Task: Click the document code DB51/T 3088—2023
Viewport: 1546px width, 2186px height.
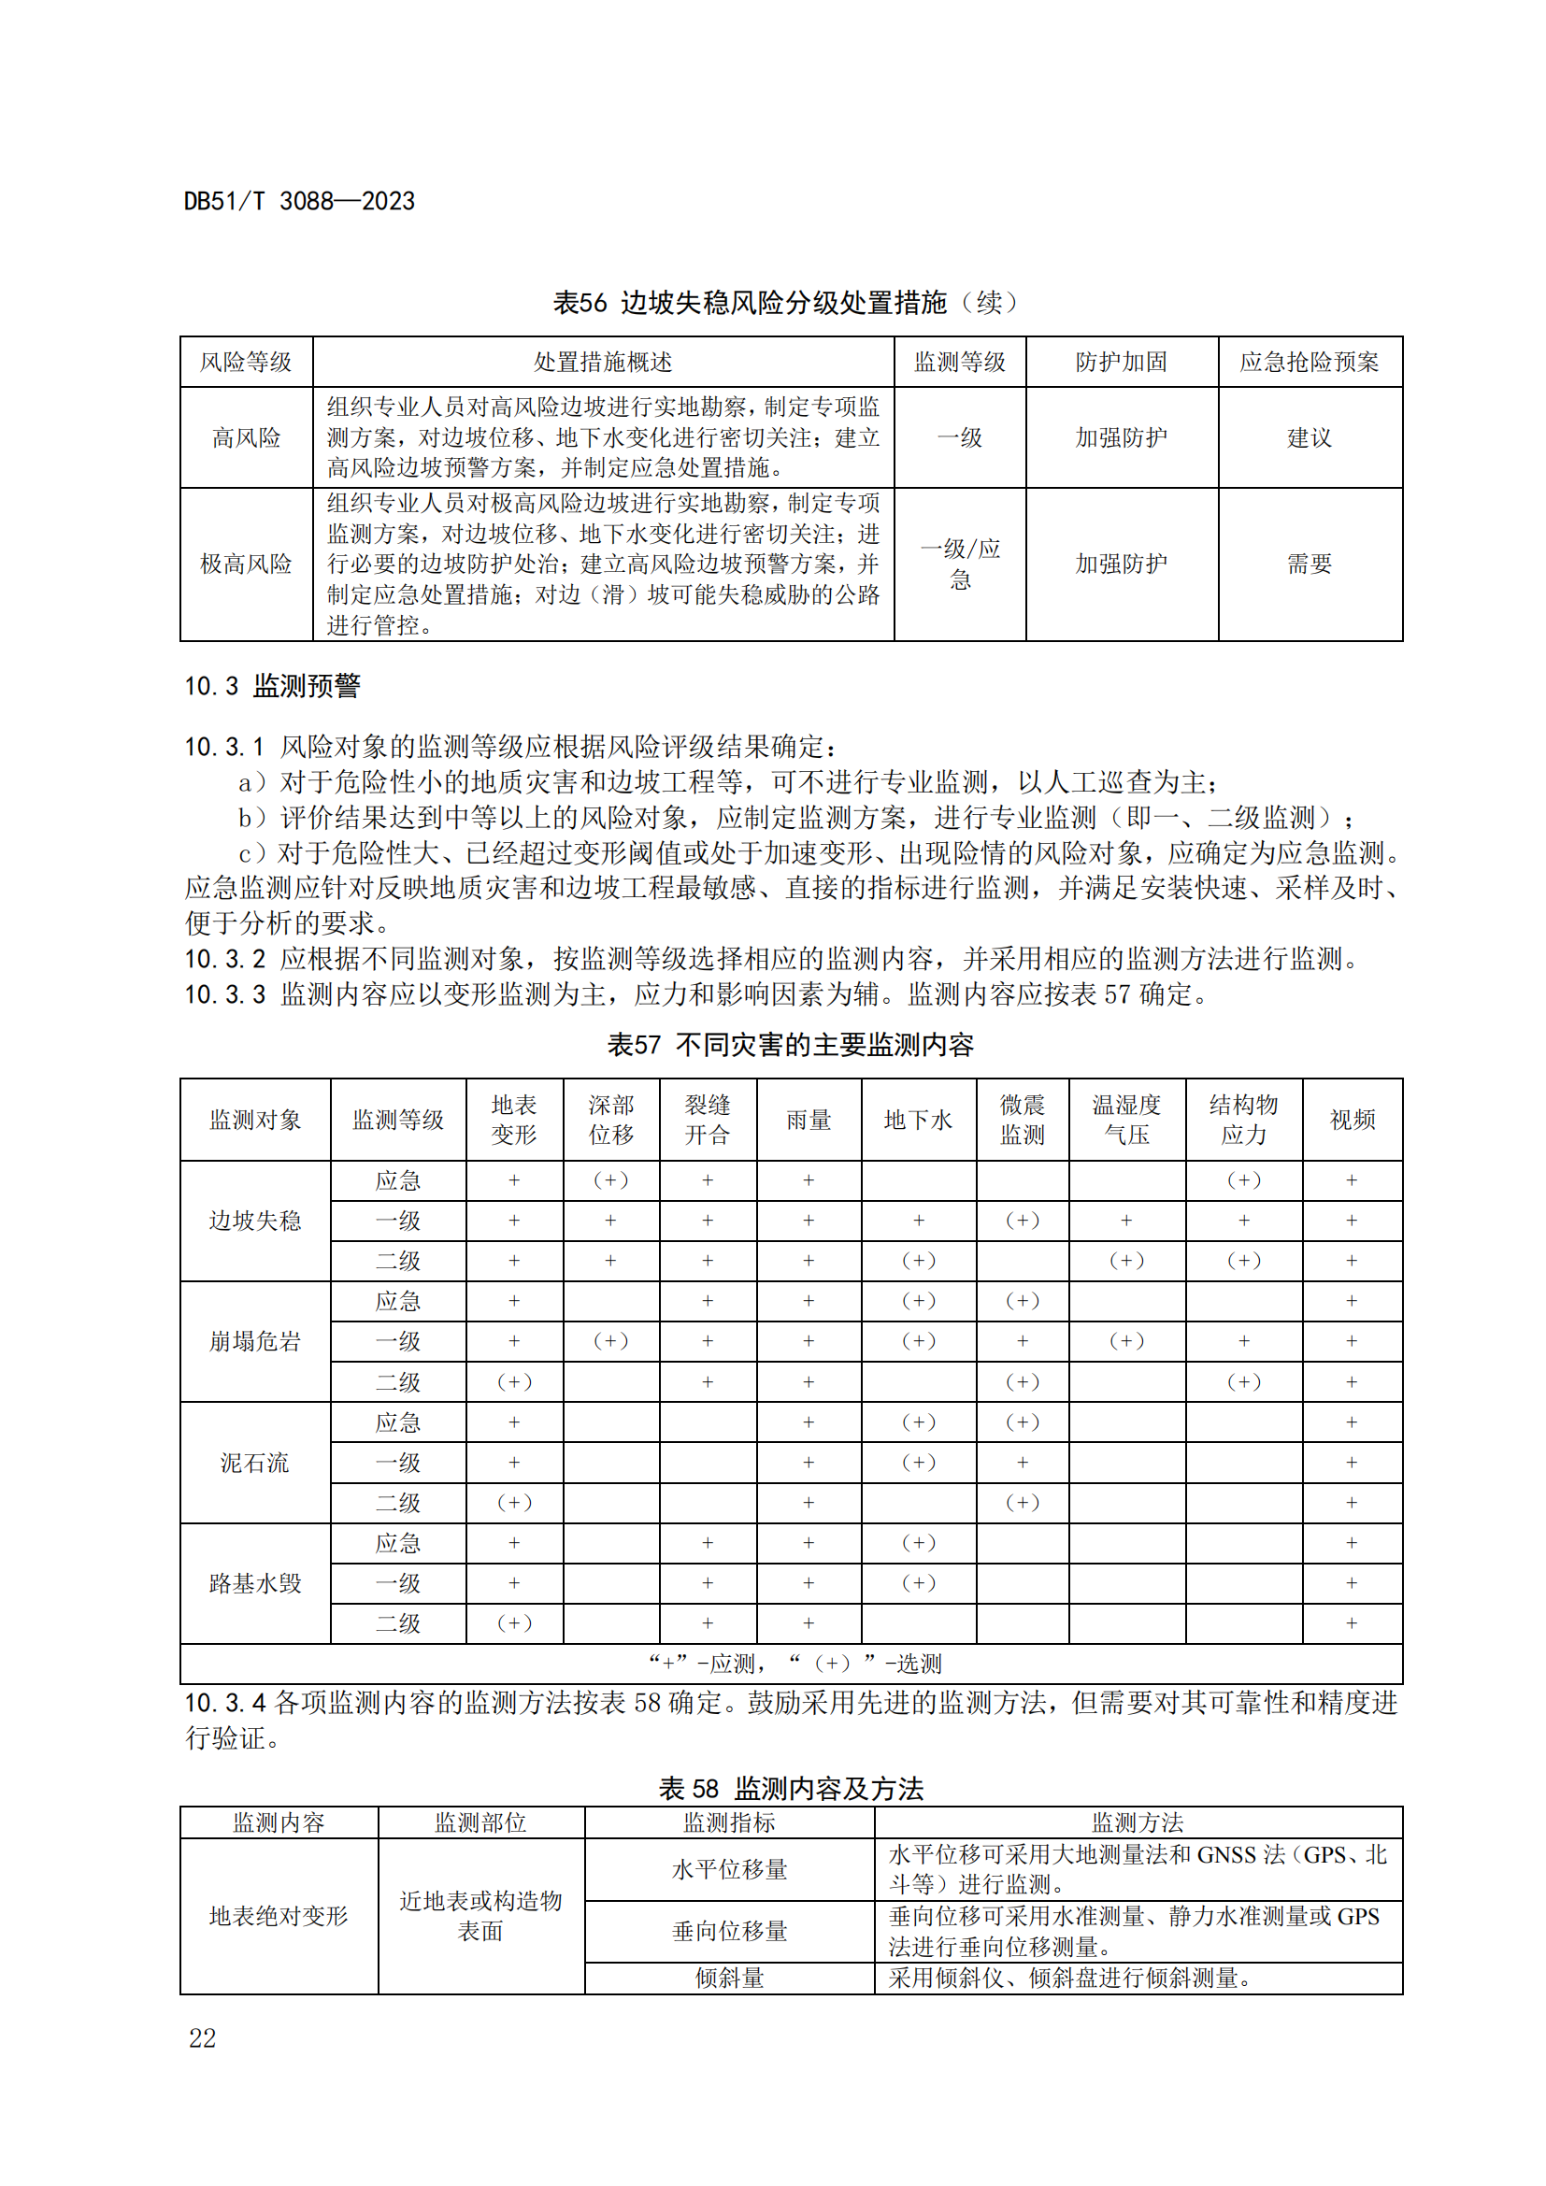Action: click(299, 202)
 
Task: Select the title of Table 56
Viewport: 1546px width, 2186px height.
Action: click(785, 303)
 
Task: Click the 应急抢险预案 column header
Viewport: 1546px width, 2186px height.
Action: click(1309, 362)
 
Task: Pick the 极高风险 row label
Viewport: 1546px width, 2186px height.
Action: click(246, 564)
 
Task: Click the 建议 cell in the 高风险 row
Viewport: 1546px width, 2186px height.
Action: click(1309, 438)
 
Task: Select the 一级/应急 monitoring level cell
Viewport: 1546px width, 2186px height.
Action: click(960, 564)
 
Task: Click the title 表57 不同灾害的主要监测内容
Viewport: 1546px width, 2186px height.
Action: click(790, 1045)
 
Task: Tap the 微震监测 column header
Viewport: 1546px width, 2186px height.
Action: click(1022, 1120)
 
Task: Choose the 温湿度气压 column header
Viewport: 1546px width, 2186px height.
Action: click(1126, 1120)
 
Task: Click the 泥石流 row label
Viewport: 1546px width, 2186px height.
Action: click(254, 1463)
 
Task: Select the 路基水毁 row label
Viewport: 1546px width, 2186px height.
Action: click(254, 1583)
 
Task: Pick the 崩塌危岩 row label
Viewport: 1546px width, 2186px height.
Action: click(254, 1341)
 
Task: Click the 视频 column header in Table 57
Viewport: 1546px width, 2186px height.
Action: click(1352, 1120)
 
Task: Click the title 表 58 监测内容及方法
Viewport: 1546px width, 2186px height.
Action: click(790, 1788)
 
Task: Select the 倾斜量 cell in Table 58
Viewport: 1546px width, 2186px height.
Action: click(729, 1978)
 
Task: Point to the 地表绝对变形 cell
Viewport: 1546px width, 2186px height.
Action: click(278, 1916)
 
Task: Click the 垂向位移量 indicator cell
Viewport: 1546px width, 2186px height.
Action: click(729, 1931)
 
